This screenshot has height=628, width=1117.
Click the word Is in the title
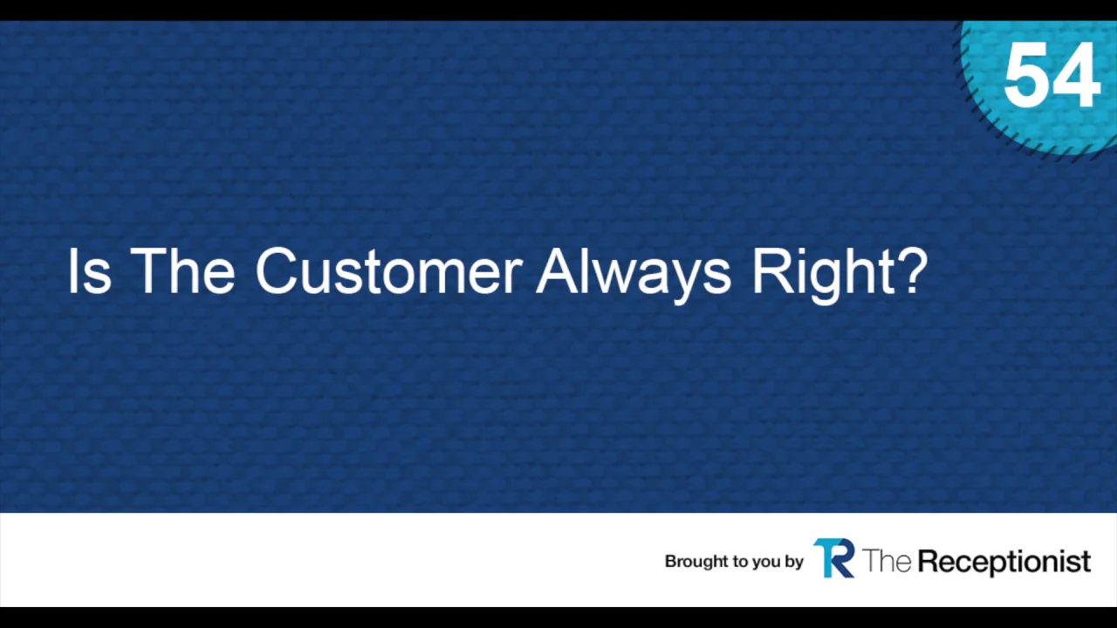pyautogui.click(x=89, y=271)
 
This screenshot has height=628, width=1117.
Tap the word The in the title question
pyautogui.click(x=182, y=271)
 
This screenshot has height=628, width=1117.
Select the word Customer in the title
pyautogui.click(x=389, y=271)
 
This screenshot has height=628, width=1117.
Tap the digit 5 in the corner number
pyautogui.click(x=1026, y=75)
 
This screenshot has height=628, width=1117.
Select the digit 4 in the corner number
pyautogui.click(x=1076, y=75)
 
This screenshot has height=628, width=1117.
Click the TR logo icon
pyautogui.click(x=834, y=558)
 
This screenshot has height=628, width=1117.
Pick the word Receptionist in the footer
pyautogui.click(x=1004, y=563)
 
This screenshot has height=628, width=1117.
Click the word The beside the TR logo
pyautogui.click(x=887, y=561)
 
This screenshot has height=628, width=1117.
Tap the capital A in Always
pyautogui.click(x=558, y=271)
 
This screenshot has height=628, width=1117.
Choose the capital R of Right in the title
pyautogui.click(x=772, y=271)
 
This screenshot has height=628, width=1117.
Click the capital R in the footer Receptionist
pyautogui.click(x=929, y=561)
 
